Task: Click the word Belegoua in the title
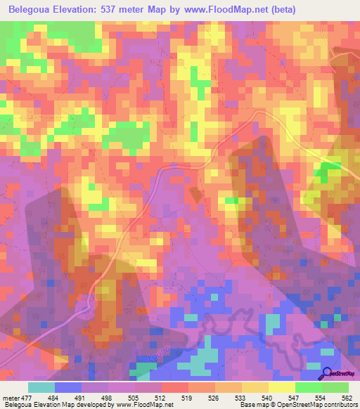pyautogui.click(x=33, y=10)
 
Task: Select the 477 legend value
pyautogui.click(x=28, y=398)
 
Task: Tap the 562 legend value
pyautogui.click(x=347, y=398)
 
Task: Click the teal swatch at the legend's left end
pyautogui.click(x=41, y=387)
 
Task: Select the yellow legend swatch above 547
pyautogui.click(x=281, y=387)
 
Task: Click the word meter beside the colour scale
pyautogui.click(x=11, y=398)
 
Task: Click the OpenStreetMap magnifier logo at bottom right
pyautogui.click(x=327, y=373)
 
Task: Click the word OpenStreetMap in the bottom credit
pyautogui.click(x=287, y=405)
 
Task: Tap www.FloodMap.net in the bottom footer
pyautogui.click(x=150, y=405)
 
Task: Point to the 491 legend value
pyautogui.click(x=82, y=398)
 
